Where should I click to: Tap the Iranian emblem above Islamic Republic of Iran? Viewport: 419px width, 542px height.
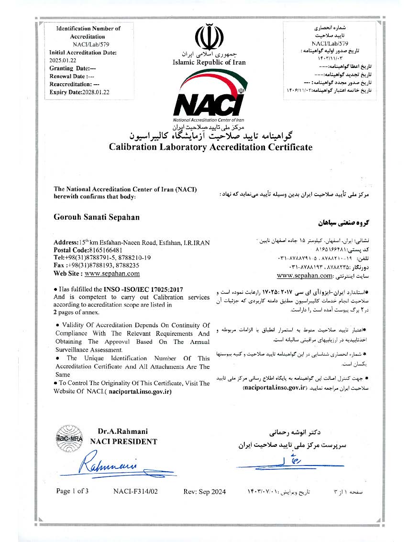[209, 34]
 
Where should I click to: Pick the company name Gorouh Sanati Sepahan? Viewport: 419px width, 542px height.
[97, 217]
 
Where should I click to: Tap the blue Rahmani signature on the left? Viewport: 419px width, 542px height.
[109, 464]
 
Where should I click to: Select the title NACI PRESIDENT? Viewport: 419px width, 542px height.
[123, 442]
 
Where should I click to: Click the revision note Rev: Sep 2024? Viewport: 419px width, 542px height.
[205, 491]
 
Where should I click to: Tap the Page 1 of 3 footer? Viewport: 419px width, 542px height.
[72, 491]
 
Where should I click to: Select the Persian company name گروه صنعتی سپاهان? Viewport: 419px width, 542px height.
[340, 223]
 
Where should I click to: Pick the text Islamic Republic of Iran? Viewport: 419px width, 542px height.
[209, 62]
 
